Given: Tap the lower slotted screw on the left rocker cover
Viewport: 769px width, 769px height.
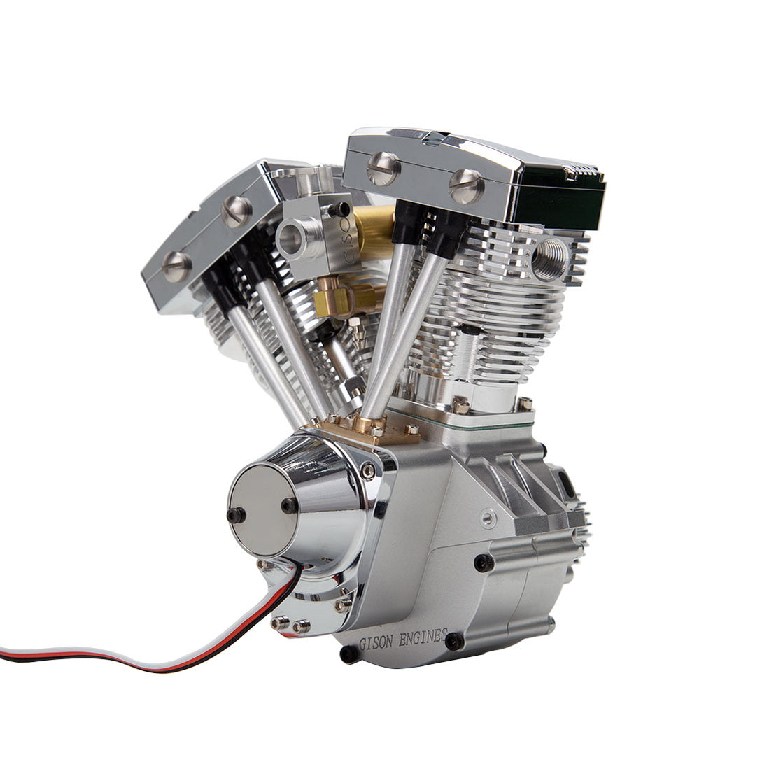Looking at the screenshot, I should coord(176,265).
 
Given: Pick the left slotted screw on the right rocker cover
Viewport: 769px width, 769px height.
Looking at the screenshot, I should coord(384,167).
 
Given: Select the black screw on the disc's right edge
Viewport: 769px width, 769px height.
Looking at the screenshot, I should coord(288,505).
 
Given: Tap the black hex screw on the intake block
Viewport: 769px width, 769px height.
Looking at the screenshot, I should coord(341,209).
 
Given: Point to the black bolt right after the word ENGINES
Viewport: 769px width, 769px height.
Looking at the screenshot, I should coord(456,640).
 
